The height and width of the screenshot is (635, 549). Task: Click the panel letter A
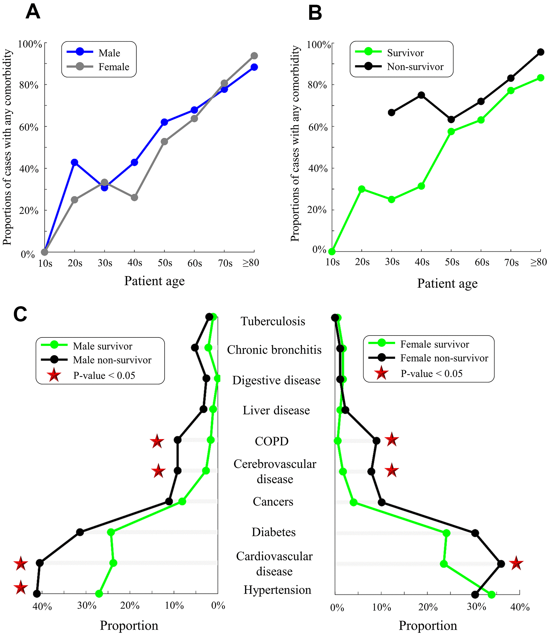tap(33, 12)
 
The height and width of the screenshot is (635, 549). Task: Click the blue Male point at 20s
tap(75, 162)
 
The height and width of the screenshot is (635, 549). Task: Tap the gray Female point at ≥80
tap(254, 56)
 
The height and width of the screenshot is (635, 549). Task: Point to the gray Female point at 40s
tap(134, 198)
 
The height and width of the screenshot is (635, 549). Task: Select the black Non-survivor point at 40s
tap(421, 95)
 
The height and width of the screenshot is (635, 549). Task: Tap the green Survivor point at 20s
tap(362, 189)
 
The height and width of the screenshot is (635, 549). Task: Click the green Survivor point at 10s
tap(332, 251)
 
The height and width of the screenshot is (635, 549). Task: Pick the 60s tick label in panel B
tap(482, 262)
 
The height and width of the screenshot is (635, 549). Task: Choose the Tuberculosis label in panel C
tap(273, 321)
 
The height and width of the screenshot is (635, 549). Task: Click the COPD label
tap(272, 441)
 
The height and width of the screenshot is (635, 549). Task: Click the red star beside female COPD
tap(392, 440)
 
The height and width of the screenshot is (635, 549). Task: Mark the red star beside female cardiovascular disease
tap(516, 564)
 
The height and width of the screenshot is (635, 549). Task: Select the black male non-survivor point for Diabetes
tap(80, 532)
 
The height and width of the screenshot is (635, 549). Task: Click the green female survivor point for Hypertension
tap(492, 595)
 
